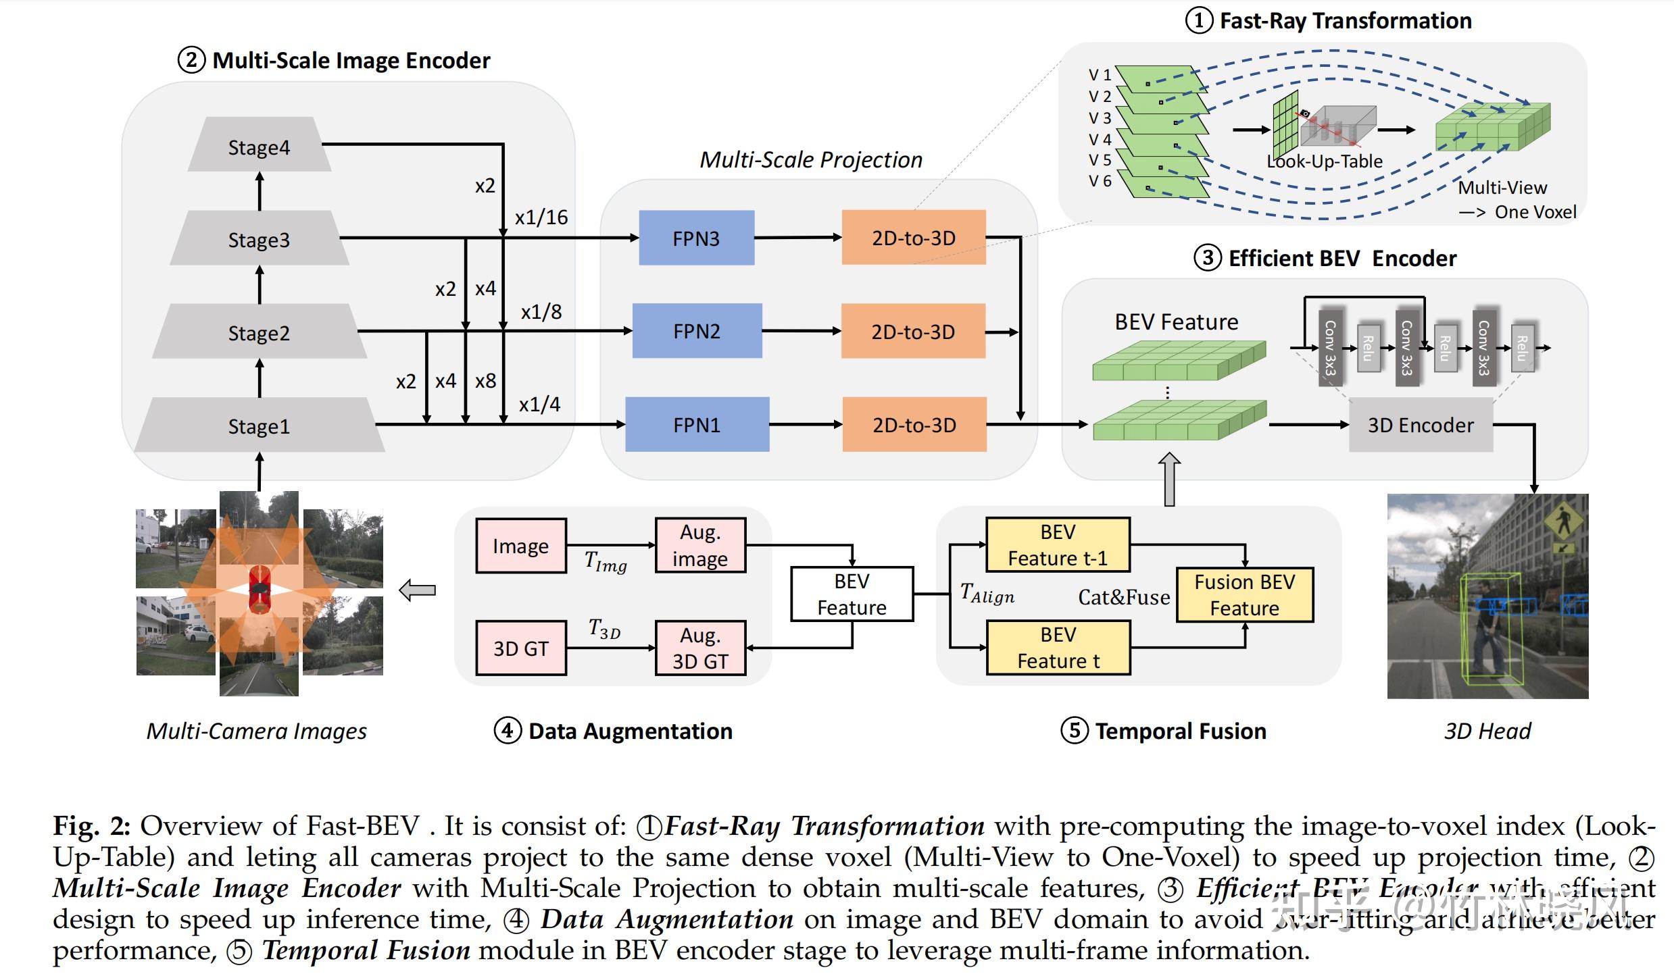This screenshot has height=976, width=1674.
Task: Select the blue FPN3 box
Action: pos(696,238)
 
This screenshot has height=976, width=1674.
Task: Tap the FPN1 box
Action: pos(696,424)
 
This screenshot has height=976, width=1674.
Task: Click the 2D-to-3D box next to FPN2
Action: pos(912,331)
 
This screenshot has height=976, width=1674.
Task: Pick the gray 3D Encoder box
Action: pos(1421,425)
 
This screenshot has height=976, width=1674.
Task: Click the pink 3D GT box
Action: pos(520,648)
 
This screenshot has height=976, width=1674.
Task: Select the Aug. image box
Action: pos(700,546)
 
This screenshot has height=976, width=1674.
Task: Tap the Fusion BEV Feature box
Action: pos(1244,595)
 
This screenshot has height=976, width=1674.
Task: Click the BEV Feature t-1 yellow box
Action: pos(1058,545)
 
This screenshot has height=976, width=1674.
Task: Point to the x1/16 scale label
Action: pos(541,217)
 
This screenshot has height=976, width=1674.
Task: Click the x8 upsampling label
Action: pos(485,381)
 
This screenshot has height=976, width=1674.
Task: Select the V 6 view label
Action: pos(1100,181)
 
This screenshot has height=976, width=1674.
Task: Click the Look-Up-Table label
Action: pos(1325,161)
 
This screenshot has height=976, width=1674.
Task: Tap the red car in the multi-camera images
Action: pos(259,590)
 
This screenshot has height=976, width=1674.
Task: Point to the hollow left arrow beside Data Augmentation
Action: pos(417,590)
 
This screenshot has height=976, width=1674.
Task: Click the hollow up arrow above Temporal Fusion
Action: pos(1169,479)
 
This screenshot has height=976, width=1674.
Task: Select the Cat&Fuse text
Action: pos(1124,597)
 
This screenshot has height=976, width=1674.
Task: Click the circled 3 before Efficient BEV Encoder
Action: pos(1208,258)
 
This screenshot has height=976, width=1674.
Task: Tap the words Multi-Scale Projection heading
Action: pos(810,160)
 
